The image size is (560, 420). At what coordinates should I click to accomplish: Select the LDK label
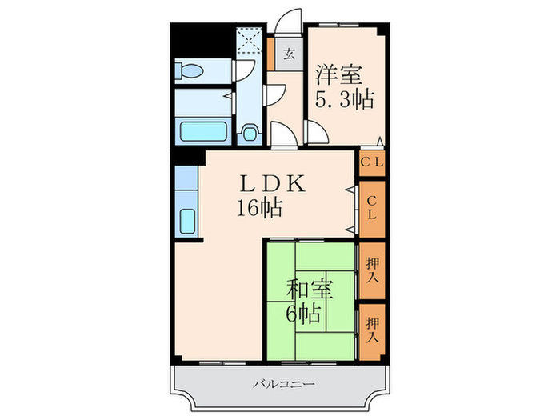click(x=273, y=183)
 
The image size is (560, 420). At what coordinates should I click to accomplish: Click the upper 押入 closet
click(x=372, y=270)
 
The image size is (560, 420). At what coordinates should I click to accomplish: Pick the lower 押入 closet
click(x=372, y=325)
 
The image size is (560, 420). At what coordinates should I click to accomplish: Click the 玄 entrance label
click(x=290, y=55)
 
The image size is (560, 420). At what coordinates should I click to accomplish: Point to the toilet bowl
click(x=190, y=70)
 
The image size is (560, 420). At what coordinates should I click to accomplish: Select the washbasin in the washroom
click(x=249, y=133)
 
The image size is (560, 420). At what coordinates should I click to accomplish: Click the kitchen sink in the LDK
click(x=187, y=218)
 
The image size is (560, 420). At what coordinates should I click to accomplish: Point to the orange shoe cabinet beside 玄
click(x=271, y=55)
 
